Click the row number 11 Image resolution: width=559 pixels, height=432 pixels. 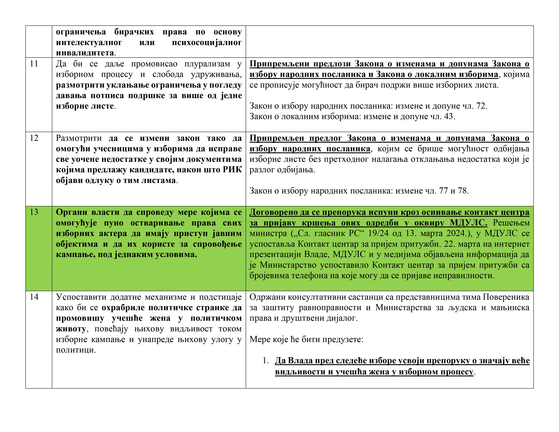tap(34, 64)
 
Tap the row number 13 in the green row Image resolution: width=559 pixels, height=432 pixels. tap(34, 212)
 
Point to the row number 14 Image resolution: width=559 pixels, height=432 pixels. tap(34, 297)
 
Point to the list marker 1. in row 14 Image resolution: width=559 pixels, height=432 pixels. tap(265, 361)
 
